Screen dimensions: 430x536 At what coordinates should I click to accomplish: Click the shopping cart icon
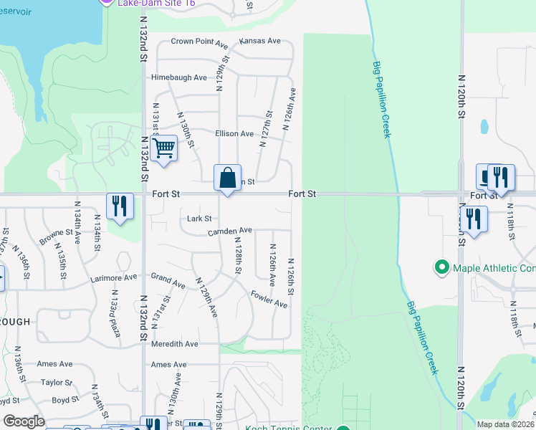pyautogui.click(x=165, y=148)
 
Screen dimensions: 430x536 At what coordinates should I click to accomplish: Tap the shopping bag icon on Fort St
pyautogui.click(x=227, y=177)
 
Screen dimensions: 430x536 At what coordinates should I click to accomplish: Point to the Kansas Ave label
pyautogui.click(x=259, y=41)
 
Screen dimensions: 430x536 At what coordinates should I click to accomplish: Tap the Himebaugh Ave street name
pyautogui.click(x=179, y=77)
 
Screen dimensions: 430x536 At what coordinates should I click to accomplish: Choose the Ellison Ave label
pyautogui.click(x=234, y=133)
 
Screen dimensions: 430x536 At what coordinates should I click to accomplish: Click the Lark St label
pyautogui.click(x=199, y=219)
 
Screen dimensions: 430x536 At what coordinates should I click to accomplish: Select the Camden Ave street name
pyautogui.click(x=230, y=231)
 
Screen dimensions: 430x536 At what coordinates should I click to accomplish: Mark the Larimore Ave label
pyautogui.click(x=113, y=277)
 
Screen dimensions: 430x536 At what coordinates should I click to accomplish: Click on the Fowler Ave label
pyautogui.click(x=269, y=299)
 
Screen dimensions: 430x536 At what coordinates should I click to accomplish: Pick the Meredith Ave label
pyautogui.click(x=174, y=344)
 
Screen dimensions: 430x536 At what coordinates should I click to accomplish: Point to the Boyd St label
pyautogui.click(x=64, y=400)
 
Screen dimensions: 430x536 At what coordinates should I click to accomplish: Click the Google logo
pyautogui.click(x=24, y=421)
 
